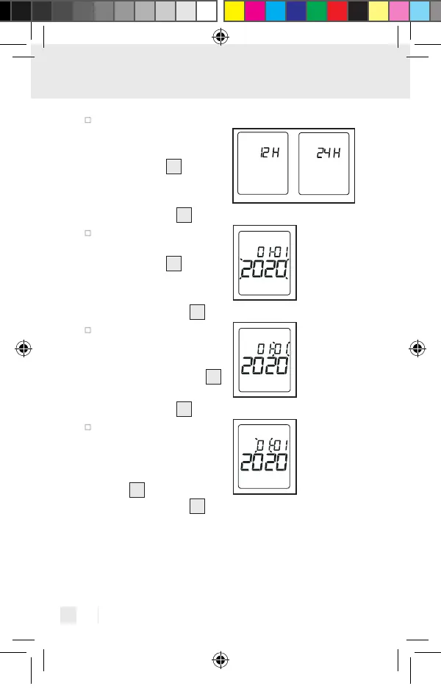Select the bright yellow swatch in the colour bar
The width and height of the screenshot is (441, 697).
234,10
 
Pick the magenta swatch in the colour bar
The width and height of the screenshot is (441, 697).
254,10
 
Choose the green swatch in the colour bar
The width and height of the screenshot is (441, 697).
317,10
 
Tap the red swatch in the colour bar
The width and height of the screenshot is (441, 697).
337,10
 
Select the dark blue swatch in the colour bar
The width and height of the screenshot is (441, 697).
296,10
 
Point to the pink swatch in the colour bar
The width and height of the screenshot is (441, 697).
399,10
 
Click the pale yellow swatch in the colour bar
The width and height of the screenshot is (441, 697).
379,10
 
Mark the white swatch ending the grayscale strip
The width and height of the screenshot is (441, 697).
207,10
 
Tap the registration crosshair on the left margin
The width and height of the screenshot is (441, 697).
23,348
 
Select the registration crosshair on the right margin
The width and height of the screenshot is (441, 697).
417,348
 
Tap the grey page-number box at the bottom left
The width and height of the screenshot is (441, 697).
68,615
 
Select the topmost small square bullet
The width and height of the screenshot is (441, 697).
87,119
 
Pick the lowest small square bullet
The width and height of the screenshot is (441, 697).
87,426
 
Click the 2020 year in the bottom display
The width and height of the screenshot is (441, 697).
265,464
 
